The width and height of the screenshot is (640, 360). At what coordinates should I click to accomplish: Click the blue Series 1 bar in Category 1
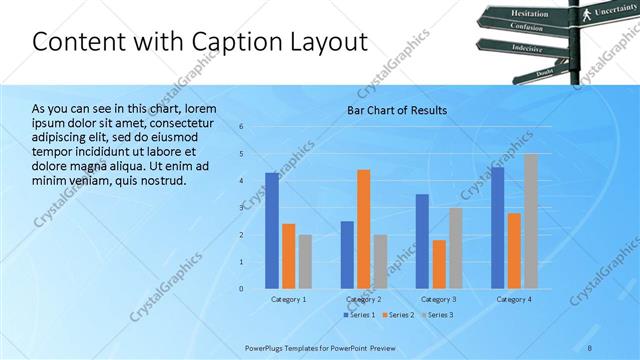pos(272,231)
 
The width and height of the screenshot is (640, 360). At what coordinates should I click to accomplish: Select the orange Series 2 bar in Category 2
pos(363,229)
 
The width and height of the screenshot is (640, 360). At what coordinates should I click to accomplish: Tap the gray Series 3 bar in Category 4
pos(530,221)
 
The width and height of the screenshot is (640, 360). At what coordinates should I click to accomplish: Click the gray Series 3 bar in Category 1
pos(305,262)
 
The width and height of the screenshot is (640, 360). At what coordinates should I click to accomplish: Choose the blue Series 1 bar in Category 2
pos(347,255)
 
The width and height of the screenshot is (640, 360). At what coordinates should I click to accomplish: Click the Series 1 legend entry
pos(361,315)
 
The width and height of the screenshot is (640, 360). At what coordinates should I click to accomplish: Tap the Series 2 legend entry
pos(398,315)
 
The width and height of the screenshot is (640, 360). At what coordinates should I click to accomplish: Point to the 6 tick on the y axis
pos(241,126)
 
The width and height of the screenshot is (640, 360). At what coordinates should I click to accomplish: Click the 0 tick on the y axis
pos(241,289)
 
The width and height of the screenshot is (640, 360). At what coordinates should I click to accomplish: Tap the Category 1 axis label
pos(289,299)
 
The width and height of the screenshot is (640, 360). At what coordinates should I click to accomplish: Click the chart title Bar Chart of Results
pos(397,110)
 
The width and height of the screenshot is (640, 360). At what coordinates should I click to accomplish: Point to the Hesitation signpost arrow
pos(531,13)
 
